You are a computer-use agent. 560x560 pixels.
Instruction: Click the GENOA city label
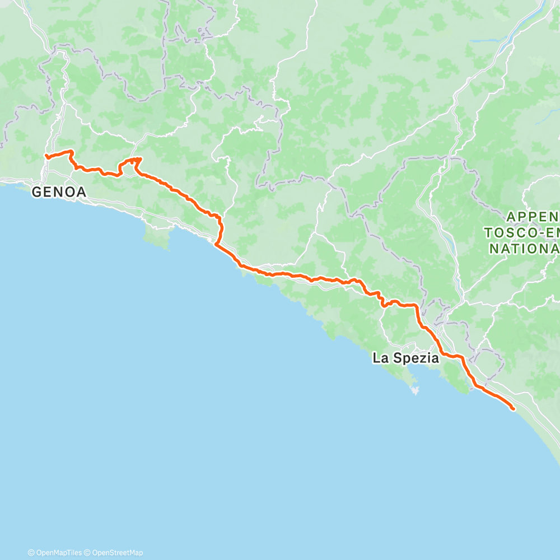pyautogui.click(x=59, y=192)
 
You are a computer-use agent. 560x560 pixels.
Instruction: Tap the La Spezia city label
pyautogui.click(x=406, y=358)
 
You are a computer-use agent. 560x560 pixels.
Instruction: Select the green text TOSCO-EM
pyautogui.click(x=522, y=232)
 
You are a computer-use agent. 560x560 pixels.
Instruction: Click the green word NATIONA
pyautogui.click(x=525, y=248)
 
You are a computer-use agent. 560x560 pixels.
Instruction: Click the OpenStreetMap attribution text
pyautogui.click(x=114, y=553)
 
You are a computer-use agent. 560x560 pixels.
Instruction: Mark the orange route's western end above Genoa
pyautogui.click(x=46, y=156)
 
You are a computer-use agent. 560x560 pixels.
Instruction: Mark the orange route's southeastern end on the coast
pyautogui.click(x=513, y=409)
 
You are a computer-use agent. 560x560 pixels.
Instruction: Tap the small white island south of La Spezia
pyautogui.click(x=414, y=389)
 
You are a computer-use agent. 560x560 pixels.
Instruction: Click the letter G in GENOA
pyautogui.click(x=36, y=192)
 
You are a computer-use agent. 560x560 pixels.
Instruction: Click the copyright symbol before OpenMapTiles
pyautogui.click(x=31, y=553)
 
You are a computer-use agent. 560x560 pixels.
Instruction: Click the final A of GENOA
pyautogui.click(x=81, y=192)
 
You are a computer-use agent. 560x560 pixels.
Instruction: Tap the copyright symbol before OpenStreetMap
pyautogui.click(x=86, y=553)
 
